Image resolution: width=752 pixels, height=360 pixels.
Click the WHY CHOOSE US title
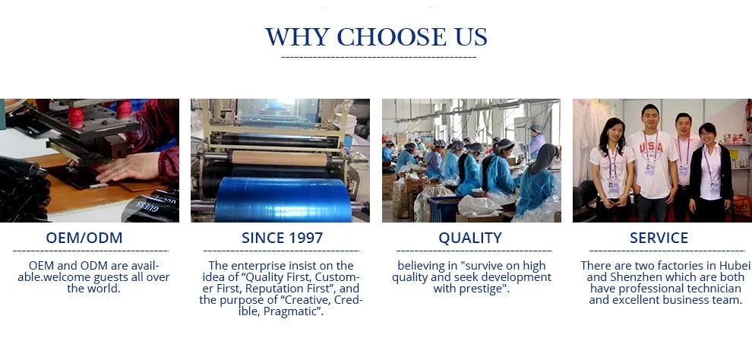pos(376,37)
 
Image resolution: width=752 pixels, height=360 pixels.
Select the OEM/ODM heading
pos(84,238)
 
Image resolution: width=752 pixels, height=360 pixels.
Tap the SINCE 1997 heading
pos(282,238)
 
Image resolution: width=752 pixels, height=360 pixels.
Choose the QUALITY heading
pos(470,238)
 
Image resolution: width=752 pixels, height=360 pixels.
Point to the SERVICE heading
pos(659,238)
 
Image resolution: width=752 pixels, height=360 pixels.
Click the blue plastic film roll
pos(283,200)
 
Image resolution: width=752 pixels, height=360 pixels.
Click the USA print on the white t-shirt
pos(651,147)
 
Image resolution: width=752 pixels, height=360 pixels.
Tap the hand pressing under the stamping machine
pos(128,168)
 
